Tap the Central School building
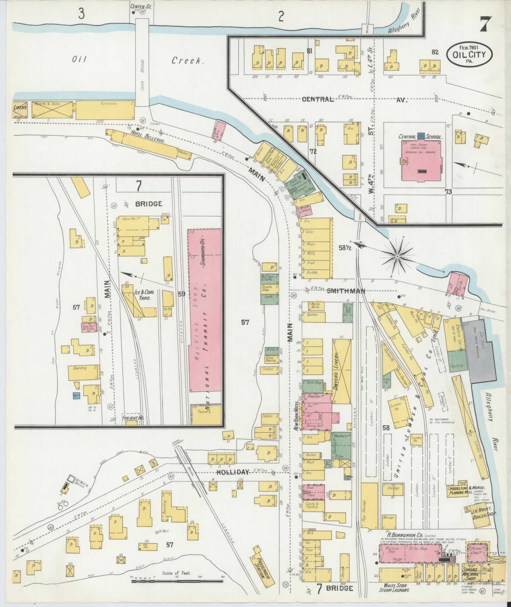(x=420, y=161)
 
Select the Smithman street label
(x=345, y=291)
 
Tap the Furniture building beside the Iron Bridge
(x=105, y=110)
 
